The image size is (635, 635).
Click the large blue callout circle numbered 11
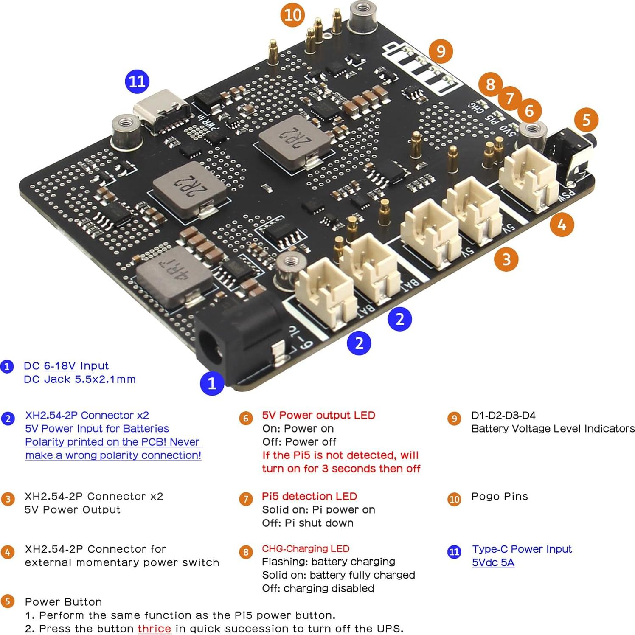pyautogui.click(x=137, y=81)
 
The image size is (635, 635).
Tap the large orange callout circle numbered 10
pyautogui.click(x=292, y=15)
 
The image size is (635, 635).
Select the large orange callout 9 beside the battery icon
pyautogui.click(x=441, y=51)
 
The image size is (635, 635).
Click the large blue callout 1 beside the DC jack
pyautogui.click(x=212, y=383)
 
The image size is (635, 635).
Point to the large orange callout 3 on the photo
pyautogui.click(x=506, y=259)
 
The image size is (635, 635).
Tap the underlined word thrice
pyautogui.click(x=154, y=629)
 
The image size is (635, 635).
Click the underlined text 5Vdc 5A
pyautogui.click(x=493, y=562)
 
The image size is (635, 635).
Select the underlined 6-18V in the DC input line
pyautogui.click(x=60, y=366)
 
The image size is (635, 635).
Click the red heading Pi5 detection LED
pyautogui.click(x=309, y=496)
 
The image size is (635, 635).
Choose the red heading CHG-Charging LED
pyautogui.click(x=306, y=548)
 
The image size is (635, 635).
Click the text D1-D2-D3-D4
pyautogui.click(x=503, y=415)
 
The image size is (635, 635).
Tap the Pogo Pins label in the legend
pyautogui.click(x=500, y=496)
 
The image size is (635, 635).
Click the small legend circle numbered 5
pyautogui.click(x=8, y=601)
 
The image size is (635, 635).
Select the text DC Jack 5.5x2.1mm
pyautogui.click(x=80, y=379)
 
